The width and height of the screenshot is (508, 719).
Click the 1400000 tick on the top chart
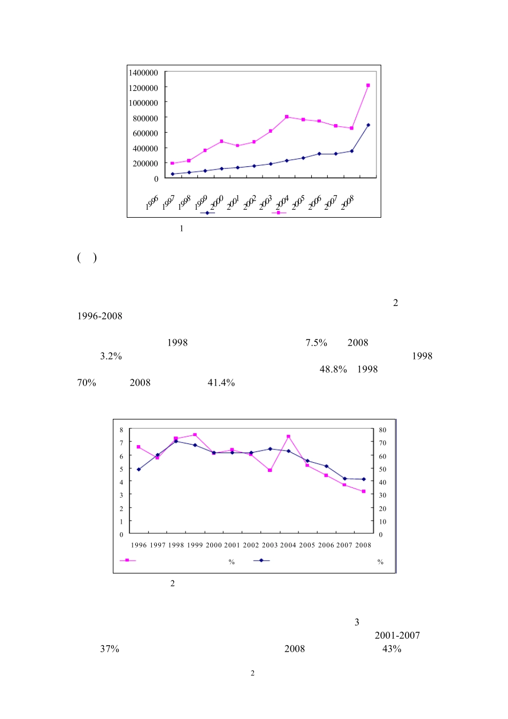click(x=143, y=73)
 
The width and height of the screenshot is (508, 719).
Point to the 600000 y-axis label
click(x=143, y=133)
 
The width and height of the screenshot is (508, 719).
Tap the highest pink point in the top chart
click(x=368, y=86)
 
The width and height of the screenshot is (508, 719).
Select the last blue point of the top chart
click(x=368, y=125)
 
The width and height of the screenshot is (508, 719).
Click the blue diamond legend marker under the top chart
click(x=207, y=213)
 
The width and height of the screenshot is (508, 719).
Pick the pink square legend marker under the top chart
click(x=278, y=213)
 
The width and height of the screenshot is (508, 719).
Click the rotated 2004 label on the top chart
click(x=282, y=202)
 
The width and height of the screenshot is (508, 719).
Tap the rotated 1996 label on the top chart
click(x=152, y=203)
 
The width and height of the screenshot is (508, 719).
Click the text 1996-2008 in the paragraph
click(x=99, y=316)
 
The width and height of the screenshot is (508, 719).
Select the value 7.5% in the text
click(x=316, y=343)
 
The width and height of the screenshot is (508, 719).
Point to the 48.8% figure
click(x=333, y=370)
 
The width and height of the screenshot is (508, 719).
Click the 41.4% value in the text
click(x=221, y=383)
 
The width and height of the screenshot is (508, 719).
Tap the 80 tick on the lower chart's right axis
click(x=382, y=430)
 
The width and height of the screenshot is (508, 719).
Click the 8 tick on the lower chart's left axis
click(x=121, y=430)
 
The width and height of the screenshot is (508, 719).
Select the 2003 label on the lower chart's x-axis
click(x=270, y=545)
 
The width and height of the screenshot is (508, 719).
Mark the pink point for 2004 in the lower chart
click(x=288, y=437)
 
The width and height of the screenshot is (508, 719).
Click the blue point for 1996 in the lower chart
click(x=138, y=470)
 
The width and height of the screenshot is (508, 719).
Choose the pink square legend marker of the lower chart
click(x=127, y=561)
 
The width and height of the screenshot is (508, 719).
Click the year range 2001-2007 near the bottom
click(x=397, y=636)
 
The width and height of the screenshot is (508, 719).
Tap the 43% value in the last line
click(x=391, y=649)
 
